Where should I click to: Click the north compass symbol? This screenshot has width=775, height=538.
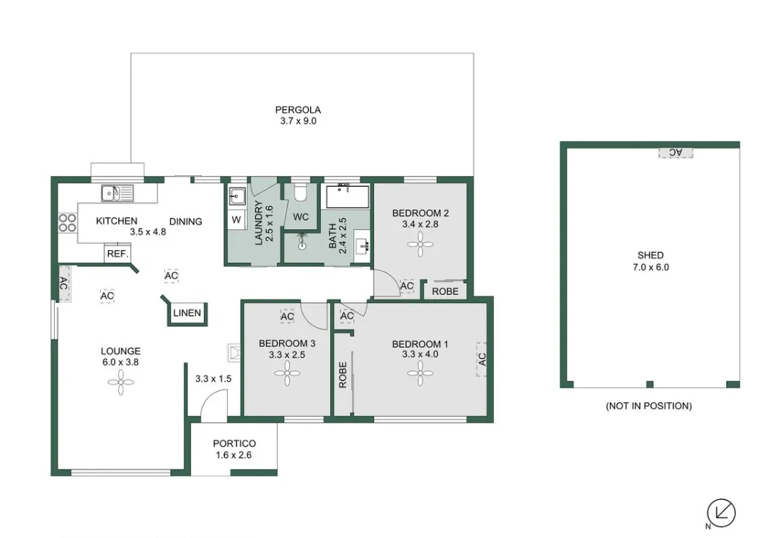point(721,513)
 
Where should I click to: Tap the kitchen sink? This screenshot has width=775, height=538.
point(117,193)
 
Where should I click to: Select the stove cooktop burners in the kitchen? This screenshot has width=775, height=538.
point(67,222)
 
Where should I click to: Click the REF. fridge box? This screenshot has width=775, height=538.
point(117,254)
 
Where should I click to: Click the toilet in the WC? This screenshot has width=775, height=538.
point(301,193)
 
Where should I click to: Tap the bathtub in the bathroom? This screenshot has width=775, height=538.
point(347,196)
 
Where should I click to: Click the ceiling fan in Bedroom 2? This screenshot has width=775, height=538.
point(420,245)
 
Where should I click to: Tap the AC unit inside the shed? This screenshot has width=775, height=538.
point(675,152)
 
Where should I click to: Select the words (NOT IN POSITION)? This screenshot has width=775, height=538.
point(648,406)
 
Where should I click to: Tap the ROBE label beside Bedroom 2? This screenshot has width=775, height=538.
point(445,292)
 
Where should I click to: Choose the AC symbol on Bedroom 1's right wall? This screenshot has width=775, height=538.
point(482,358)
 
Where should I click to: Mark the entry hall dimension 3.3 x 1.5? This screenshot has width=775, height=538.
point(213,377)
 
